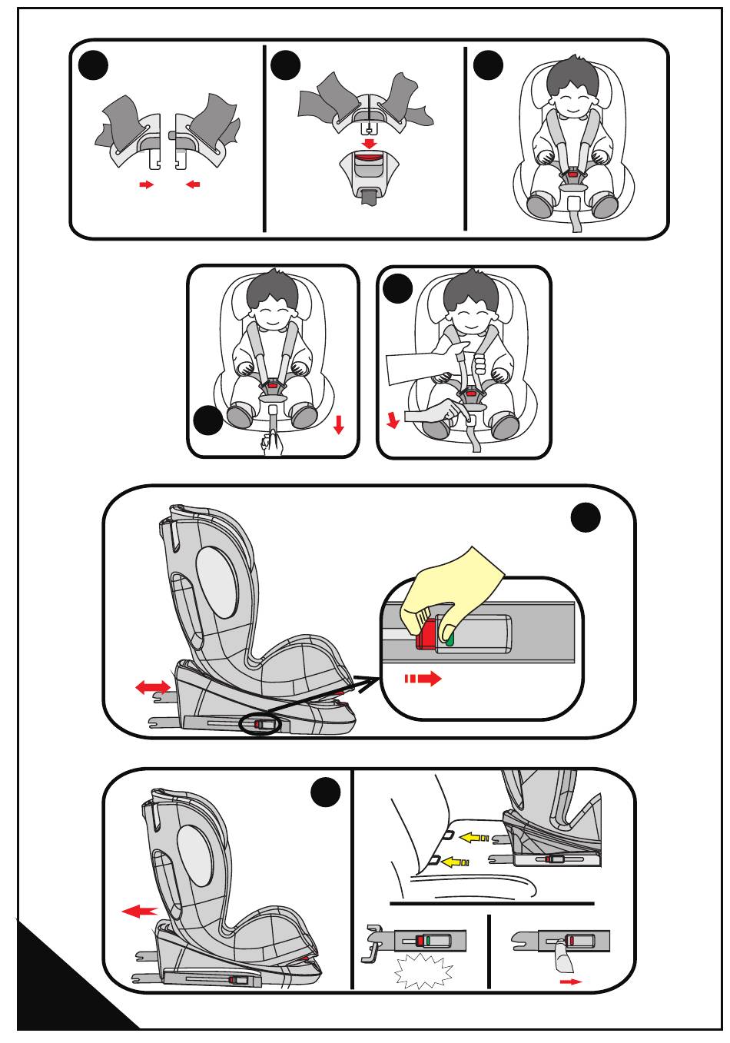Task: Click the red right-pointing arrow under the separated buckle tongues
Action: (145, 185)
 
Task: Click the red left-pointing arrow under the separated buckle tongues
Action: (193, 185)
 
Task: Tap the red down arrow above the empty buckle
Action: (370, 143)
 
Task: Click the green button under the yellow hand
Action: (450, 637)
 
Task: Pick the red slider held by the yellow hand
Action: (423, 637)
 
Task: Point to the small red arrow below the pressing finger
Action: (570, 982)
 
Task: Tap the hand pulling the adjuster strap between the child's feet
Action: (271, 443)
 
